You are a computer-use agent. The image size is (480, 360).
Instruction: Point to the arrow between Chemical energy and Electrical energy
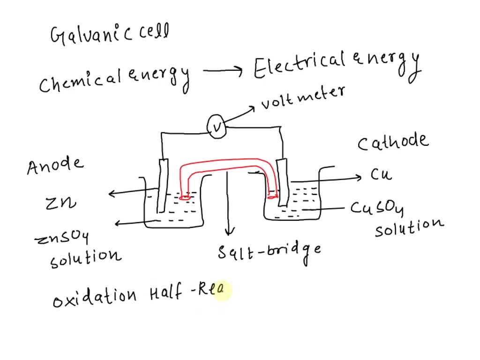pyautogui.click(x=223, y=72)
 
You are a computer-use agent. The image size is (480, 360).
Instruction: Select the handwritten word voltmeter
pyautogui.click(x=302, y=97)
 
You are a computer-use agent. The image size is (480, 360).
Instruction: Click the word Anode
pyautogui.click(x=55, y=165)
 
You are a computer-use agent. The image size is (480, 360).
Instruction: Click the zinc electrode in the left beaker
pyautogui.click(x=163, y=185)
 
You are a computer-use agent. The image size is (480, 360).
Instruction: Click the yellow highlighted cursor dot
pyautogui.click(x=222, y=290)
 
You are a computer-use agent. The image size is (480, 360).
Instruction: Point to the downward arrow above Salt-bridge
pyautogui.click(x=229, y=206)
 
